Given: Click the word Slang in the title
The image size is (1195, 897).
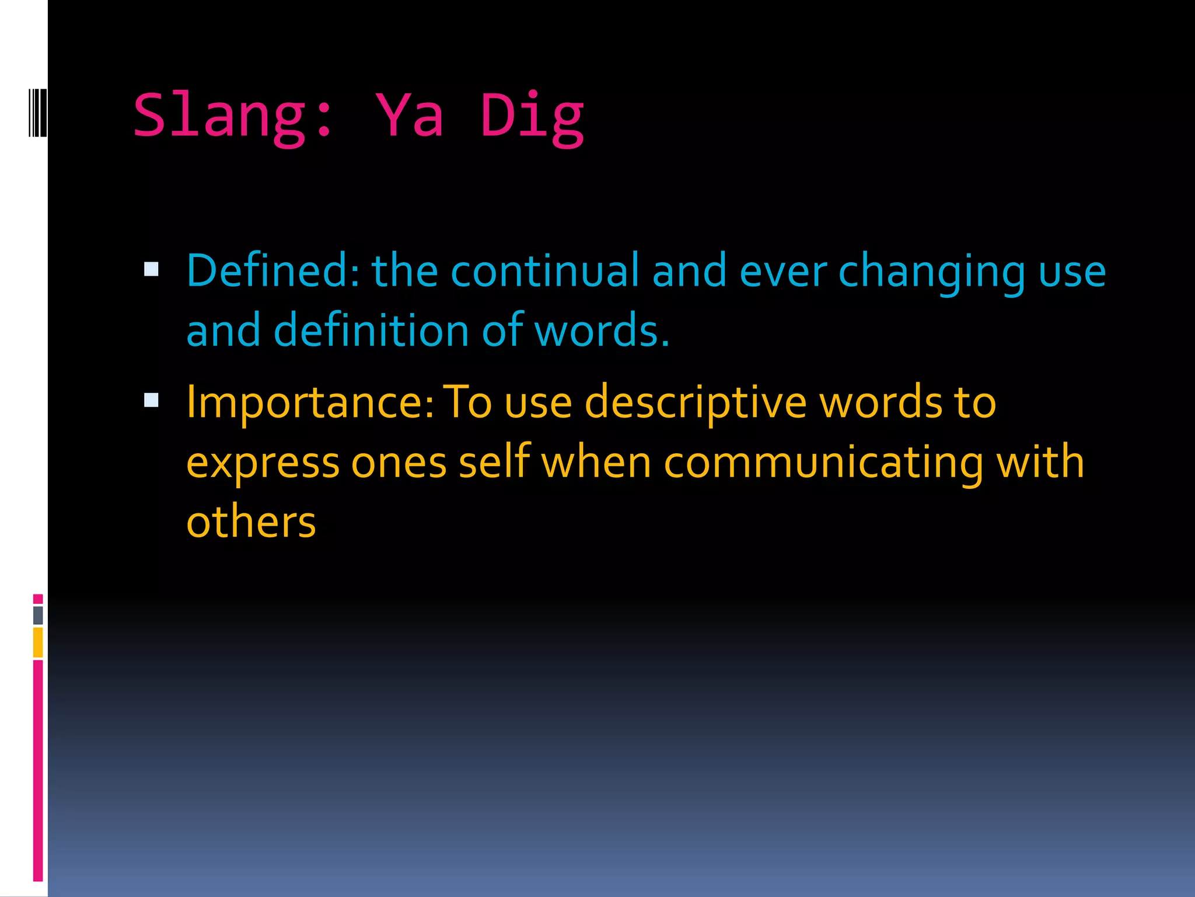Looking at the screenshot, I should (219, 116).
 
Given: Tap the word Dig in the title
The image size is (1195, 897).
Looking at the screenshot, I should (532, 116).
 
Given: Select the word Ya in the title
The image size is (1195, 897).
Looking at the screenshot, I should (410, 116).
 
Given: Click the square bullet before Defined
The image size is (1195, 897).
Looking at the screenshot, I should (151, 269).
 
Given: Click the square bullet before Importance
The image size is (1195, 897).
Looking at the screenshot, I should (151, 400).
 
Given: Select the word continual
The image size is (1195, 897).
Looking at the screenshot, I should (545, 271).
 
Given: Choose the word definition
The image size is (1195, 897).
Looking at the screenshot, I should (371, 331).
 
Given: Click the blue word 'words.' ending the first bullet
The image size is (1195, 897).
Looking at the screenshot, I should (602, 331).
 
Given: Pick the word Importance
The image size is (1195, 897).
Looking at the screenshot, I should (310, 403).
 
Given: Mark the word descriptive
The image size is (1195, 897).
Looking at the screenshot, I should (696, 403).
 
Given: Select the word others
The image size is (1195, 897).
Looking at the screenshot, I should (251, 522).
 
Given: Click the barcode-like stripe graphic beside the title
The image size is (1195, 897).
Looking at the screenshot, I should (38, 112).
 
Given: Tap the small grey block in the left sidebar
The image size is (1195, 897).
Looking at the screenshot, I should (38, 615).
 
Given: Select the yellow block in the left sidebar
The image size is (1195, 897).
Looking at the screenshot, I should (38, 642).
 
